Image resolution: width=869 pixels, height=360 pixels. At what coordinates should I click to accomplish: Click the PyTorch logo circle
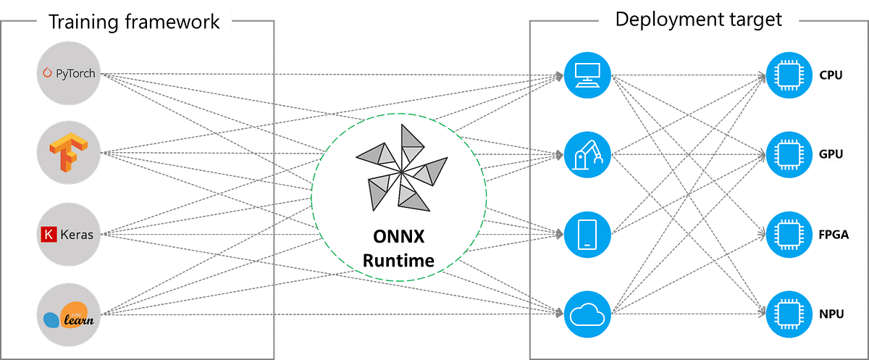[x=70, y=73]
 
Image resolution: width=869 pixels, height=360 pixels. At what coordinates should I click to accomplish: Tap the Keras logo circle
[x=70, y=234]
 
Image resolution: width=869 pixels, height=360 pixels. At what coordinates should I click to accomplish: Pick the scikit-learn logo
[x=70, y=316]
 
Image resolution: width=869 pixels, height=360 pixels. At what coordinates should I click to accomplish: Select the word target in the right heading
[x=757, y=18]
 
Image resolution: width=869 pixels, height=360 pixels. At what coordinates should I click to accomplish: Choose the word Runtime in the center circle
[x=398, y=260]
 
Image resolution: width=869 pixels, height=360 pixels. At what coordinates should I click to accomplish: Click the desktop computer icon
[x=587, y=73]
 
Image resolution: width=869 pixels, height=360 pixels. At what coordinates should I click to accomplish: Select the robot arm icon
[x=587, y=154]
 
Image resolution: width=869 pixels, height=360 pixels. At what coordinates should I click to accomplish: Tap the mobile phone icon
[x=587, y=234]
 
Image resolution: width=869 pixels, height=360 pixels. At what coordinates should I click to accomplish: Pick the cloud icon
[x=587, y=314]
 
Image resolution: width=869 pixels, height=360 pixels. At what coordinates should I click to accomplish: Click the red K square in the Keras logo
[x=49, y=235]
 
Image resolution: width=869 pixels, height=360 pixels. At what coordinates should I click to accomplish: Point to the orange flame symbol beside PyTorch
[x=49, y=73]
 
